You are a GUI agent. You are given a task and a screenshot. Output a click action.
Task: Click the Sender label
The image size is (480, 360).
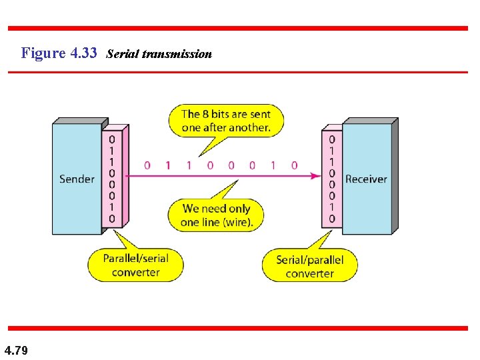[77, 179]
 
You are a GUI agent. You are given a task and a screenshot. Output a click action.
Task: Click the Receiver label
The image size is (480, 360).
[366, 179]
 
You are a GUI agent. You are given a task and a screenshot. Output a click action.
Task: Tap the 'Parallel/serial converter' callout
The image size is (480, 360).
[135, 265]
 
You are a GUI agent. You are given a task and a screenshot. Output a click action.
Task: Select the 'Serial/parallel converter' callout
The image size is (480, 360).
[309, 266]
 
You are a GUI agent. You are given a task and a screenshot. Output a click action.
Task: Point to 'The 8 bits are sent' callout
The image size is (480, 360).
[225, 121]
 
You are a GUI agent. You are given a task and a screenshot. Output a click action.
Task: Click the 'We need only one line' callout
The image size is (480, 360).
[217, 215]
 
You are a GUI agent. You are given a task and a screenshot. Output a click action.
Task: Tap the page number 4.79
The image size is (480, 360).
[16, 350]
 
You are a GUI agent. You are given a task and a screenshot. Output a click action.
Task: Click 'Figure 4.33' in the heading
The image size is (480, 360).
[59, 53]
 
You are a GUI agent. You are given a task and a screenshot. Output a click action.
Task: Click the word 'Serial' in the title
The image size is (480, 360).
[121, 53]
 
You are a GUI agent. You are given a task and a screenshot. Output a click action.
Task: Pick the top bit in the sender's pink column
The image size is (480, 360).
[112, 139]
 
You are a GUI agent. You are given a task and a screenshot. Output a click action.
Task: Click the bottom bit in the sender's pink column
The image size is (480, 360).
[112, 219]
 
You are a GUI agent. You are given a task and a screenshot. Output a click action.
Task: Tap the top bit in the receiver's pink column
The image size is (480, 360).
[332, 139]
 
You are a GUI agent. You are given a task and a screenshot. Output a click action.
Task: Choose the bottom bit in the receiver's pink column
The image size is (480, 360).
[332, 219]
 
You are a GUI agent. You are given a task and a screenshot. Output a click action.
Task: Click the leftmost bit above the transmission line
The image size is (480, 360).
[147, 165]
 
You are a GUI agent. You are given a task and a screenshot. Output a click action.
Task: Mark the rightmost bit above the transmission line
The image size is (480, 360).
[294, 165]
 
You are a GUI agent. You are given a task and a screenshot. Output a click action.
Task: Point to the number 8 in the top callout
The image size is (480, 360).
[206, 114]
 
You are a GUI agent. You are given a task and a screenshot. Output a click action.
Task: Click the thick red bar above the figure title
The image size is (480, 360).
[238, 28]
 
